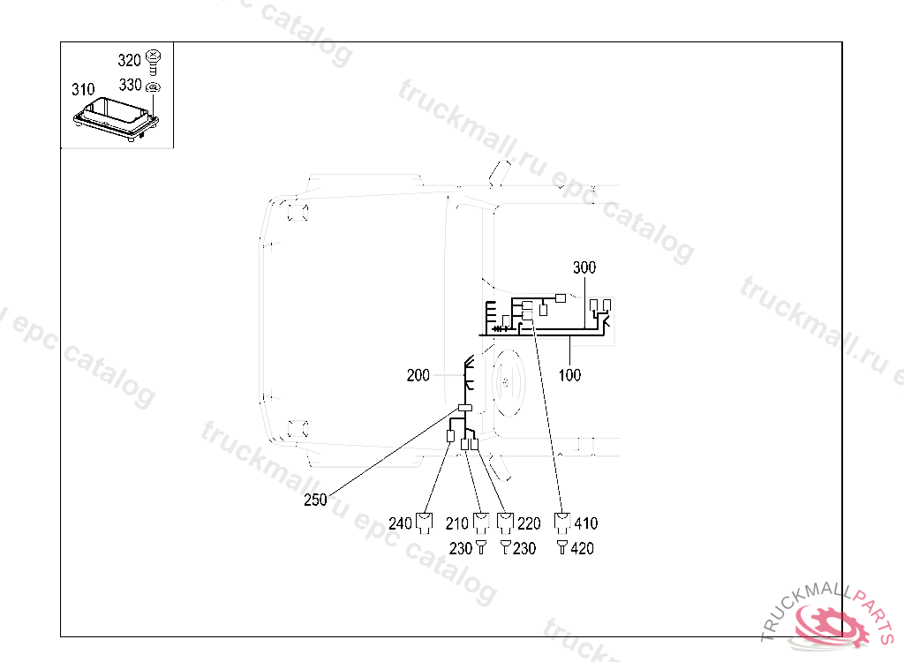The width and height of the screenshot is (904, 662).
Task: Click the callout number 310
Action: (83, 89)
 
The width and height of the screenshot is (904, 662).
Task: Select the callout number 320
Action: (129, 60)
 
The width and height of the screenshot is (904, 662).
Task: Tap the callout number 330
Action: (131, 85)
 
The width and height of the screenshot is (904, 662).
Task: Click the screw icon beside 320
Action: (154, 62)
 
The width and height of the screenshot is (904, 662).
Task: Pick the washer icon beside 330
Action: (153, 87)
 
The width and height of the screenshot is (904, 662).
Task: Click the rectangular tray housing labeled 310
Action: (116, 119)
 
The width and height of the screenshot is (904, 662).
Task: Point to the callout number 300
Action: (584, 267)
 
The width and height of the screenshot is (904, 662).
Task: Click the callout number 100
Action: (569, 375)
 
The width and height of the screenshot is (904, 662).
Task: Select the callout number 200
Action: (418, 375)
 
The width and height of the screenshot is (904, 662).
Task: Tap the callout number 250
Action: (315, 500)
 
